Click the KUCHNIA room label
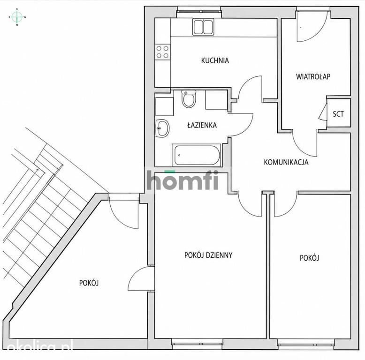(215, 60)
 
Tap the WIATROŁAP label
(313, 76)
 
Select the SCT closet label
(338, 114)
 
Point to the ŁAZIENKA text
(202, 125)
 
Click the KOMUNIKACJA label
(286, 162)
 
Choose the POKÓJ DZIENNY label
(208, 255)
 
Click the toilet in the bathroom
(189, 99)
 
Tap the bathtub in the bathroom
(197, 155)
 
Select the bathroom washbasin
(162, 128)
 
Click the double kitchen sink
(203, 27)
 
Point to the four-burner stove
(162, 52)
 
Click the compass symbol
(17, 17)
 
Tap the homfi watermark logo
(182, 180)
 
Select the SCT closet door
(322, 112)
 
